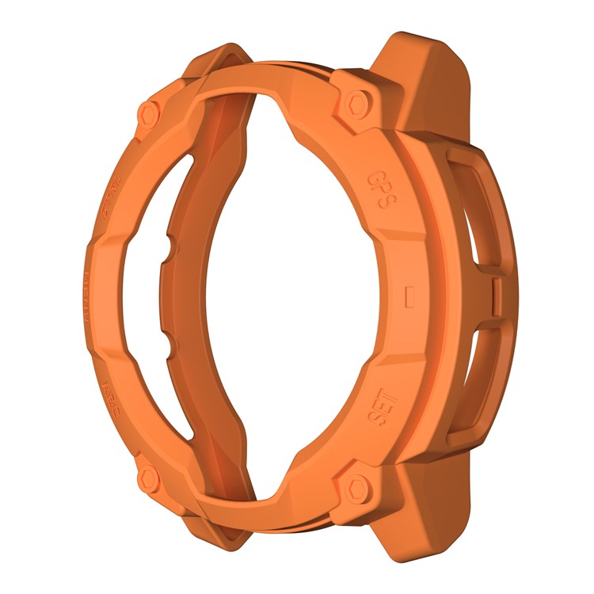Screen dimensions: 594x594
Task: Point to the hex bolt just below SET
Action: coord(355,488)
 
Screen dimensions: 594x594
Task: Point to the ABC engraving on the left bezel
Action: coord(109,390)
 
